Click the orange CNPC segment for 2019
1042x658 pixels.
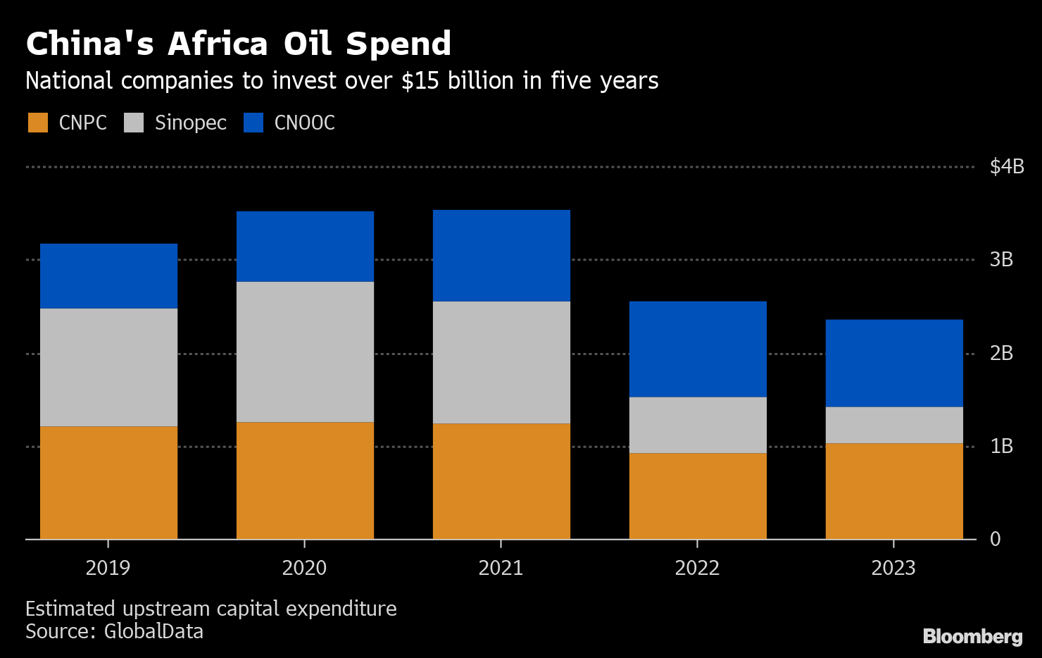pyautogui.click(x=108, y=483)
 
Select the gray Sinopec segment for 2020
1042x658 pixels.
pyautogui.click(x=305, y=352)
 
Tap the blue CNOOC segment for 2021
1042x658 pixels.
pyautogui.click(x=501, y=256)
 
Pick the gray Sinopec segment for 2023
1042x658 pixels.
pyautogui.click(x=894, y=425)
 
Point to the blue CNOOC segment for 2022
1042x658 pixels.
pyautogui.click(x=698, y=349)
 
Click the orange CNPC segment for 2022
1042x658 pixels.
pyautogui.click(x=698, y=496)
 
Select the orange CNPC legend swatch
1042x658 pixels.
pyautogui.click(x=38, y=123)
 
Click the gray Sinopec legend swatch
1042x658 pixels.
pyautogui.click(x=134, y=123)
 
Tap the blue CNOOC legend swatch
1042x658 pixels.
pyautogui.click(x=253, y=123)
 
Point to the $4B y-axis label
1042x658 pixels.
pyautogui.click(x=1006, y=167)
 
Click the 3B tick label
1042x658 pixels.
pyautogui.click(x=1001, y=260)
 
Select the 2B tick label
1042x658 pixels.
pyautogui.click(x=1001, y=353)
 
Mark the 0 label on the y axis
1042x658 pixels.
pyautogui.click(x=995, y=539)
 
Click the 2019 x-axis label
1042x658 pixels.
pyautogui.click(x=108, y=568)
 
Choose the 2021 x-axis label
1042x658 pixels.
pyautogui.click(x=501, y=568)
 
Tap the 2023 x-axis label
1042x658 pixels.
pyautogui.click(x=893, y=568)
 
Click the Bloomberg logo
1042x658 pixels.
pyautogui.click(x=972, y=637)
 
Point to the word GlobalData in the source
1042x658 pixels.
pyautogui.click(x=153, y=631)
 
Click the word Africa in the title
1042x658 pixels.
pyautogui.click(x=218, y=44)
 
